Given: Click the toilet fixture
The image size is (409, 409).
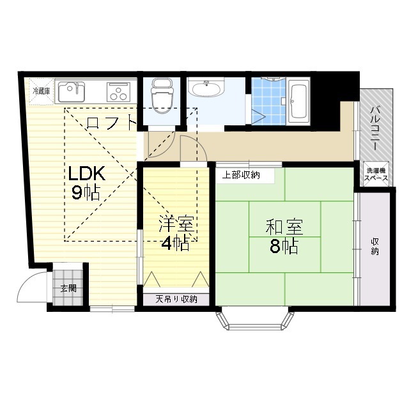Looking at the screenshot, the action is pos(162,95).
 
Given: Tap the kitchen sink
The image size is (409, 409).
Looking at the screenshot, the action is pos(71,92).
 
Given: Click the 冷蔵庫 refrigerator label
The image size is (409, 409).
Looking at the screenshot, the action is pos(41,91).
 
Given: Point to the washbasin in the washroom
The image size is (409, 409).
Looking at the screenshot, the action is pos(207,88).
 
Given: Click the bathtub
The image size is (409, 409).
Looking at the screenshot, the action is pos(298,101).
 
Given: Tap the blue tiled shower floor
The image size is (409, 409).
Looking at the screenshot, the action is pos(268,102).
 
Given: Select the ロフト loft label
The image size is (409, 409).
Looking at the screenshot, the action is pos(111,123).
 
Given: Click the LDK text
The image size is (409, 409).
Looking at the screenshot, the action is pos(87,173).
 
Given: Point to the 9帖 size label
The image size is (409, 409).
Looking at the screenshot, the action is pos(86,193).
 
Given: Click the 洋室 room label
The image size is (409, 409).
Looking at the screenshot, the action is pos(176,224).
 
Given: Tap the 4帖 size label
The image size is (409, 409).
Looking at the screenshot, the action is pos(175,243).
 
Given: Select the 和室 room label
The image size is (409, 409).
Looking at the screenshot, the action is pos(284,227).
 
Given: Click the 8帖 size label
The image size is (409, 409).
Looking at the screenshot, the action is pos(284,246).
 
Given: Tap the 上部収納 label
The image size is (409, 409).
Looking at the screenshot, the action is pos(241,175).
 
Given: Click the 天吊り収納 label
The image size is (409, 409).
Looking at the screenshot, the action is pos(176,299).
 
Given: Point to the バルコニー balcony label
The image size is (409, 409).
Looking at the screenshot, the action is pos(376,128).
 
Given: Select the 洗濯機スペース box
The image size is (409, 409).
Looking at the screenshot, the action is pos(376,174).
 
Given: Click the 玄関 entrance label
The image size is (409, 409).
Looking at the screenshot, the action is pos(68,288).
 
